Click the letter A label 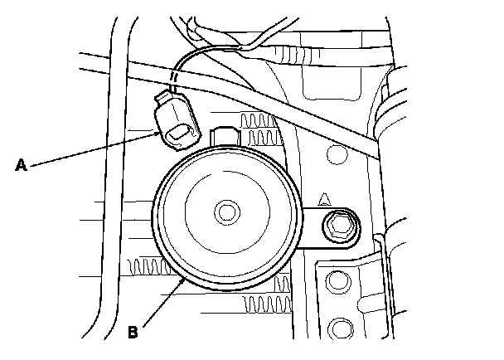tap(22, 165)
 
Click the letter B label tap(133, 333)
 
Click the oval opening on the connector tap(177, 135)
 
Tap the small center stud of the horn tap(225, 212)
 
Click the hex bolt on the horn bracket tap(338, 224)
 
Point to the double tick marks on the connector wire tap(173, 79)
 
